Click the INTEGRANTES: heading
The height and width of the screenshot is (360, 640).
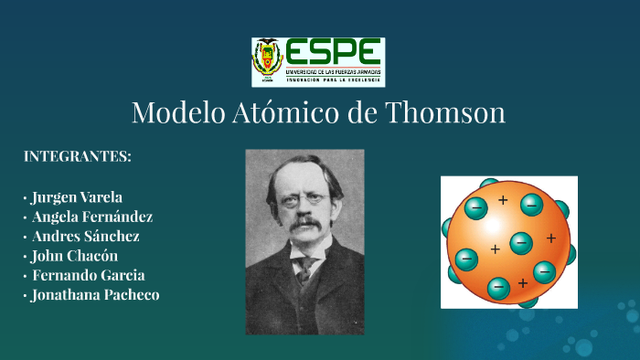tap(77, 156)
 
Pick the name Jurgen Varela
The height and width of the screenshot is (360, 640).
tap(76, 197)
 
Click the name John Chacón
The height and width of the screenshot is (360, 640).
tap(74, 256)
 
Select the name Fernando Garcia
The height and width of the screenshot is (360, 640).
tap(88, 275)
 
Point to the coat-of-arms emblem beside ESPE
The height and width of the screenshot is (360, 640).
tap(268, 62)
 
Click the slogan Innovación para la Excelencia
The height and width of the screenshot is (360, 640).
tap(333, 79)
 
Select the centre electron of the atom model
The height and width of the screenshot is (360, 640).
tap(521, 243)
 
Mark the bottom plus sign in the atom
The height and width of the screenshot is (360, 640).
tap(523, 282)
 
